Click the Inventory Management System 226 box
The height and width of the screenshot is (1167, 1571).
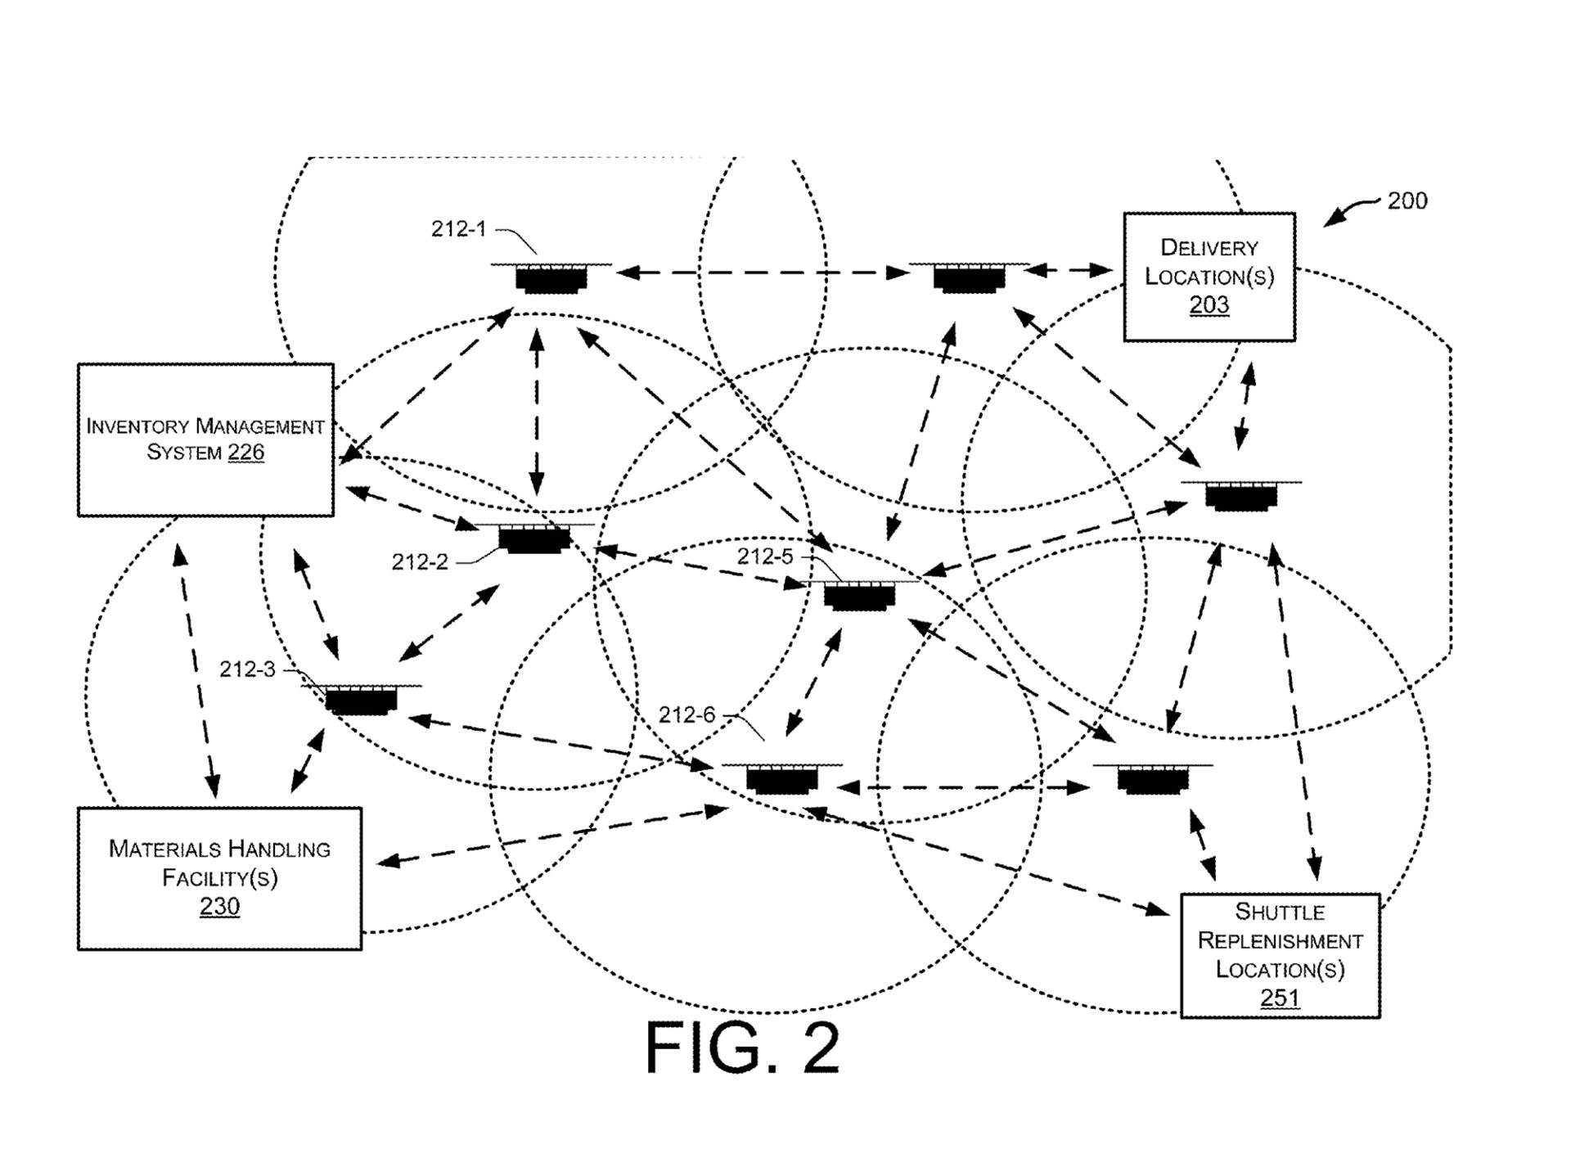pos(205,439)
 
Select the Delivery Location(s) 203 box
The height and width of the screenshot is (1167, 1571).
pos(1209,277)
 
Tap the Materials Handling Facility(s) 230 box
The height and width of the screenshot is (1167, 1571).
pos(219,878)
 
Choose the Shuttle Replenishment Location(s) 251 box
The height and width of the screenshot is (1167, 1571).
pos(1280,955)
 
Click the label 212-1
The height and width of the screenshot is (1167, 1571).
pos(458,229)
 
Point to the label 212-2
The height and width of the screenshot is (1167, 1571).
pos(420,562)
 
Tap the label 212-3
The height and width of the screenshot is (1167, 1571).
pos(247,669)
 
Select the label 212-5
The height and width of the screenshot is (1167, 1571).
pos(765,556)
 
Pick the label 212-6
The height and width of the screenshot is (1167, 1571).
pos(686,715)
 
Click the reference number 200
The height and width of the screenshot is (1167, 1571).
pos(1407,201)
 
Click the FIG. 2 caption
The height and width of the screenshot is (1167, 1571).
pos(742,1048)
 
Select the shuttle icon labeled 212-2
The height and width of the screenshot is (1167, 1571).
pos(534,538)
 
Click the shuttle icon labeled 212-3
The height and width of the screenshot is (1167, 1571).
pos(361,699)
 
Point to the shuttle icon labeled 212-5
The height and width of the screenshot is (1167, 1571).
pos(859,595)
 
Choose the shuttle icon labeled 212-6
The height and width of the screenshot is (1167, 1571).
pos(781,778)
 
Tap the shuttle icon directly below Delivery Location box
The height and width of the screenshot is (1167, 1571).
pos(1241,495)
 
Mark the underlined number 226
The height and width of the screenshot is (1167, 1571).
pos(245,453)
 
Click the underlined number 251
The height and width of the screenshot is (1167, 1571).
pos(1279,998)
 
